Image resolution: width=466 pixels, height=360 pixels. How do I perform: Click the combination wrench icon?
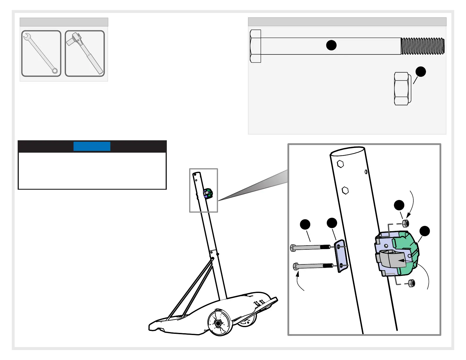click(x=41, y=54)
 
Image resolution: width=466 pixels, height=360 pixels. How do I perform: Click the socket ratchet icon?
click(x=85, y=54)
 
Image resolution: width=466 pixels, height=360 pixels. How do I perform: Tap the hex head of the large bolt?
click(x=255, y=46)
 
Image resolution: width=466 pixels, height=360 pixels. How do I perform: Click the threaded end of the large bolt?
click(x=422, y=46)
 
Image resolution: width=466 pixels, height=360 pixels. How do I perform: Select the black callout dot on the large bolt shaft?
click(x=331, y=45)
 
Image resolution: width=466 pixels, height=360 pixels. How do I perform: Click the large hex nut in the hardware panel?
click(x=402, y=89)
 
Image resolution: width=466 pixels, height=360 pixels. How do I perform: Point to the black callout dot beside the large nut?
click(x=421, y=71)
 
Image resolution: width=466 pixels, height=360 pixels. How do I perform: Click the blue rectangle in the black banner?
click(x=92, y=146)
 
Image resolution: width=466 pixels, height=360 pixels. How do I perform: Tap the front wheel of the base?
click(x=218, y=323)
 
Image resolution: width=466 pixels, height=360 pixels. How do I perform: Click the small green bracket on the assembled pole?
click(x=208, y=193)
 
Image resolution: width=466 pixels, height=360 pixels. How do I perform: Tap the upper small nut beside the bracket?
click(x=405, y=223)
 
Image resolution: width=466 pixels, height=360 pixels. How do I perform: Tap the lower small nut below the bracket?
click(x=412, y=284)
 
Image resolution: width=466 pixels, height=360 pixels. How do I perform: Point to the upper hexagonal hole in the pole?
click(x=340, y=164)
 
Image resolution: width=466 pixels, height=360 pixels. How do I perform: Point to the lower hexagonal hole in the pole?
click(x=345, y=191)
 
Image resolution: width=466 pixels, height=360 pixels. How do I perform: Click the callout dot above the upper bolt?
click(x=305, y=224)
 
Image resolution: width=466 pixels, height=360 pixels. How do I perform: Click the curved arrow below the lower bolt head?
click(x=299, y=281)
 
